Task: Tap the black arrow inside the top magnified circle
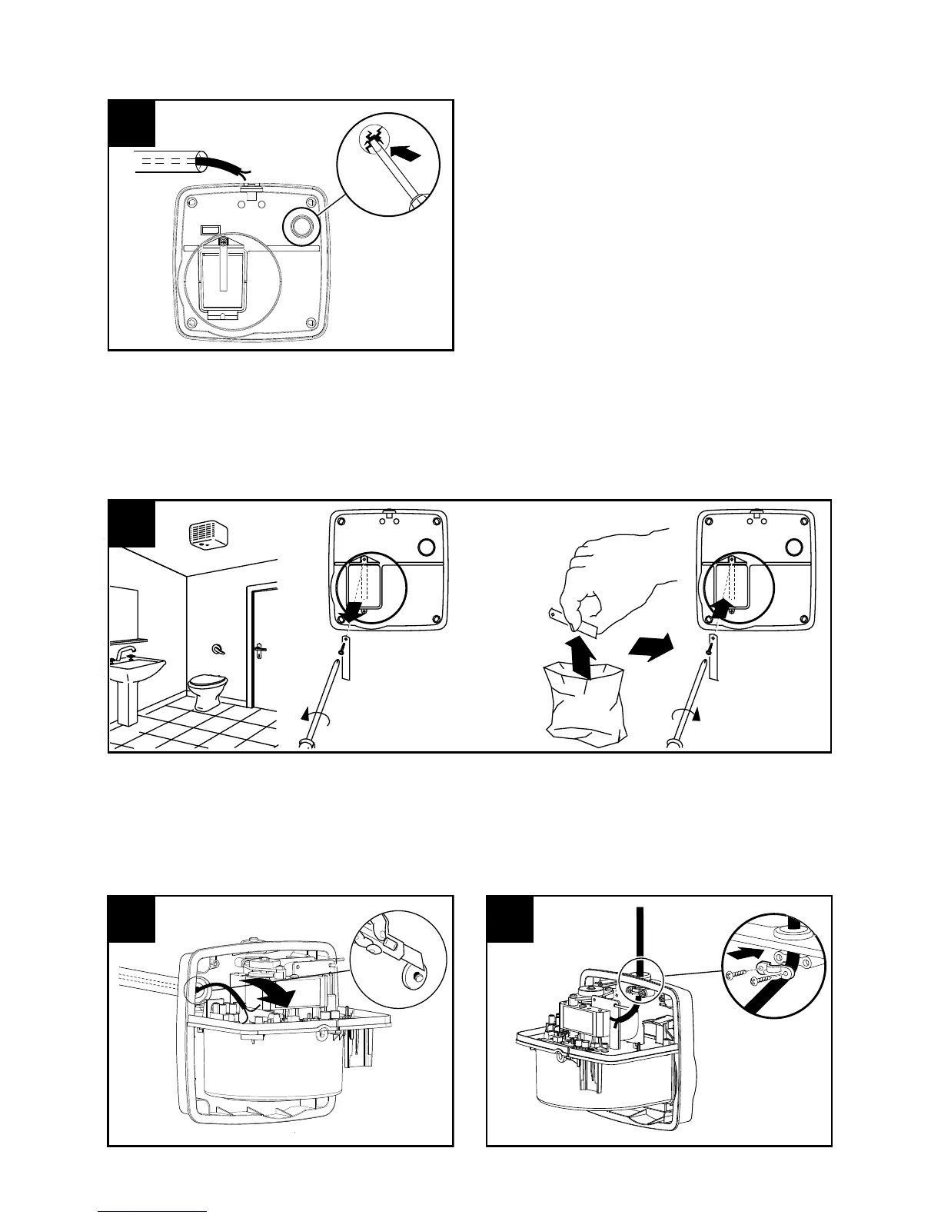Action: (x=405, y=155)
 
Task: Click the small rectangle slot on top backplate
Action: (x=209, y=229)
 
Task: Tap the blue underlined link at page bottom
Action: (x=152, y=1211)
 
